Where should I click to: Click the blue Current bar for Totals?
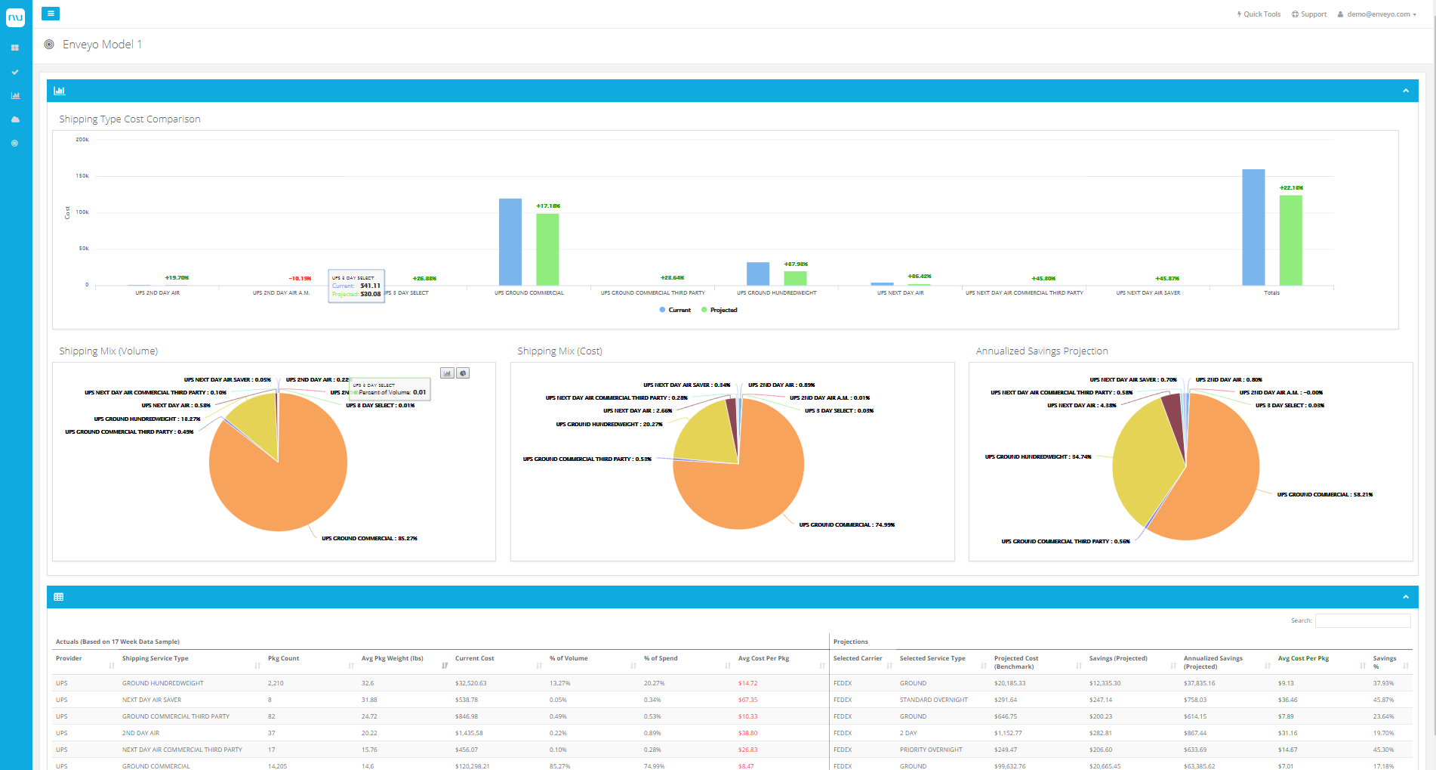tap(1253, 227)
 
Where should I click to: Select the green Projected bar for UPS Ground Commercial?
tap(547, 249)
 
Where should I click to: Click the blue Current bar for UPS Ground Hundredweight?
tap(757, 274)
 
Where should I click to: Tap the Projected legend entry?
tap(723, 310)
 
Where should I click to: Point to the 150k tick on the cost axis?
tap(82, 175)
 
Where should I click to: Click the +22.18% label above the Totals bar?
tap(1291, 187)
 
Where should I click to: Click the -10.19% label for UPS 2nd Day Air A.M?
tap(300, 278)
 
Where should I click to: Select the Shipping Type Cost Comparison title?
tap(130, 119)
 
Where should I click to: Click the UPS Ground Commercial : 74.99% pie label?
tap(846, 524)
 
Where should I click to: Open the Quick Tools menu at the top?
tap(1259, 14)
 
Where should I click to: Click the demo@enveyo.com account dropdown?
tap(1378, 14)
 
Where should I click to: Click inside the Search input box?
tap(1362, 620)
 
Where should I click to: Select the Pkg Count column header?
tap(284, 658)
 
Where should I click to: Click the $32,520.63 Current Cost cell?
tap(470, 683)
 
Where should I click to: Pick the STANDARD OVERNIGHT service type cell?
tap(933, 700)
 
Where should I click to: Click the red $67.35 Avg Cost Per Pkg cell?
tap(747, 700)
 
